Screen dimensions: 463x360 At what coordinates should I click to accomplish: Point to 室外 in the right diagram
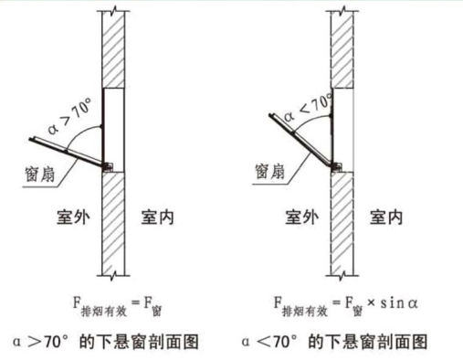coord(301,218)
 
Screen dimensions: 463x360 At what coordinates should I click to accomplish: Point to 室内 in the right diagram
coord(387,218)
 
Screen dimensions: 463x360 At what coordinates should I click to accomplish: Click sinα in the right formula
coord(407,302)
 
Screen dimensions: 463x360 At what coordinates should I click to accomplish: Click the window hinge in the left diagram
coord(108,166)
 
